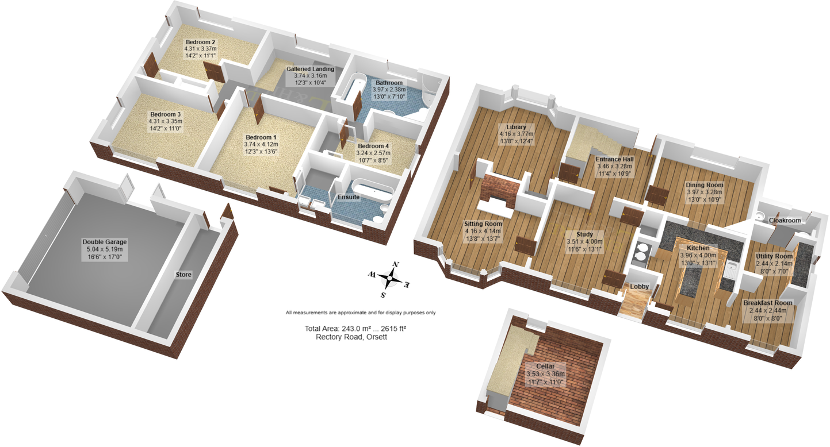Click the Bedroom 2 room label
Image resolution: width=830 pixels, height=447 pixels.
pos(200,43)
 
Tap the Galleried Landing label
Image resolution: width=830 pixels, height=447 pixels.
pos(310,69)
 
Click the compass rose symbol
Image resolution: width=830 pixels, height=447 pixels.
pos(391,279)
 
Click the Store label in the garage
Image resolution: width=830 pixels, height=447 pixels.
pos(183,275)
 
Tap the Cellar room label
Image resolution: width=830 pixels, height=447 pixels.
pos(545,366)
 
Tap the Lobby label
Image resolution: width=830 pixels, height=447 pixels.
pos(640,286)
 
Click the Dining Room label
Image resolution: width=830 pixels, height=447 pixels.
pos(704,185)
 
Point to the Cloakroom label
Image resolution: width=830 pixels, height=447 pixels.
pos(785,220)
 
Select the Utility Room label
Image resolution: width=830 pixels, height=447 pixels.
pos(775,256)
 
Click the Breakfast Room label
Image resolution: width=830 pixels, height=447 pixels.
pos(767,303)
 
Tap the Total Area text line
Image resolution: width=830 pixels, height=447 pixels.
pos(359,329)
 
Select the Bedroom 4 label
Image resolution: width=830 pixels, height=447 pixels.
pos(373,146)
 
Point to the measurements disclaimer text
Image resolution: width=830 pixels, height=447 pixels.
pos(361,313)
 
